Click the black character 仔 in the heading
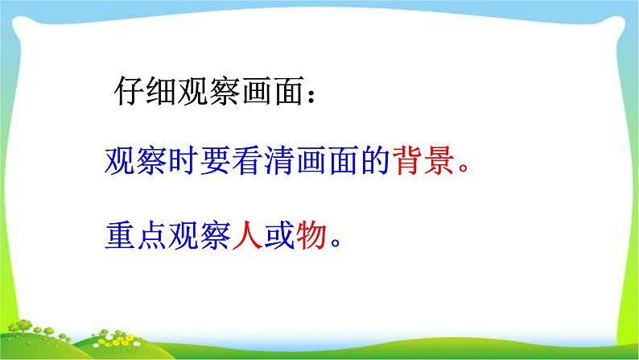point(129,91)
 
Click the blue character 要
point(215,160)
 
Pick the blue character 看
point(247,160)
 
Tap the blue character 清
point(279,160)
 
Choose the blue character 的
point(376,160)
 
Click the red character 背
point(408,160)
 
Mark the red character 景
point(440,160)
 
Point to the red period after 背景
point(464,168)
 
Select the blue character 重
point(120,235)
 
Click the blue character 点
point(151,235)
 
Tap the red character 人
point(247,235)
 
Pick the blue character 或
point(279,235)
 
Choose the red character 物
point(311,235)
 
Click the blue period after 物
point(336,242)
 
